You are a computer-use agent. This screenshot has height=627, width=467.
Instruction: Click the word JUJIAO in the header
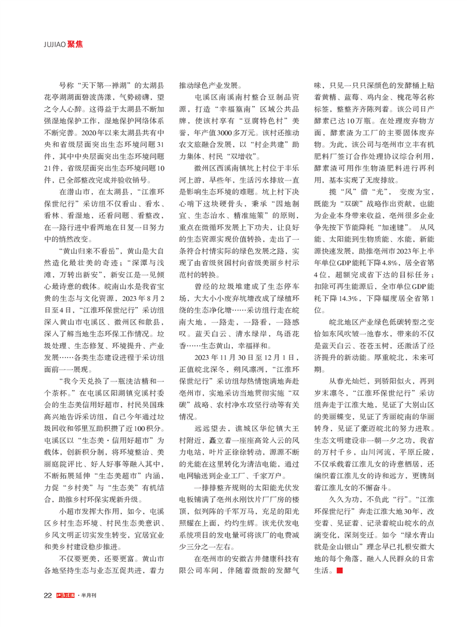(x=55, y=44)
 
